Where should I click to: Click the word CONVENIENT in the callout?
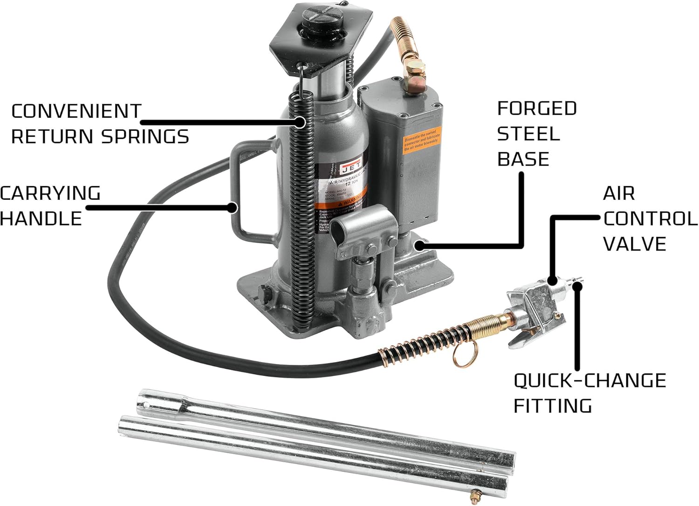[76, 111]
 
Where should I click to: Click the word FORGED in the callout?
[537, 109]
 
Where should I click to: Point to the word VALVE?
[635, 244]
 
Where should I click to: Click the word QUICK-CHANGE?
[589, 381]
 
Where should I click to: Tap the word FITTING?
[553, 406]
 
